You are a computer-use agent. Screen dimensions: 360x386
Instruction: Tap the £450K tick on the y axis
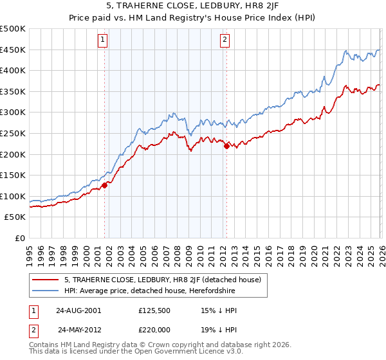click(x=13, y=50)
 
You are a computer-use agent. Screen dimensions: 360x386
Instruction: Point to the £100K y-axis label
click(x=13, y=196)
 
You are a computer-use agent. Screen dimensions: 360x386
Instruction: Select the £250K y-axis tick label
click(x=13, y=133)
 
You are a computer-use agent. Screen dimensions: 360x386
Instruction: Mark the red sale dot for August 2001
click(x=104, y=186)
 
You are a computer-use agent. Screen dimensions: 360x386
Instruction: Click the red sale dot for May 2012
click(x=226, y=146)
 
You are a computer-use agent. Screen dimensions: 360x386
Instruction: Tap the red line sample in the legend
click(x=46, y=280)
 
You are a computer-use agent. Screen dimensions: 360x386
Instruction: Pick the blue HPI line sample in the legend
click(x=46, y=291)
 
